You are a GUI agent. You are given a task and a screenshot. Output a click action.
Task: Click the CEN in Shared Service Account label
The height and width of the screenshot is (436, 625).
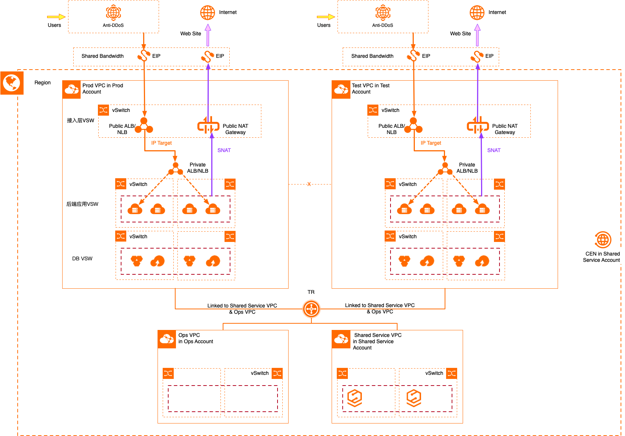(x=603, y=257)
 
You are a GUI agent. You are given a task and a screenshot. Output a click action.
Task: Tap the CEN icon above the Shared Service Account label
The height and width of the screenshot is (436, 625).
(x=603, y=240)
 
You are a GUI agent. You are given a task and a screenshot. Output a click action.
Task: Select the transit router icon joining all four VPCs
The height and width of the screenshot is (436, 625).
(x=311, y=309)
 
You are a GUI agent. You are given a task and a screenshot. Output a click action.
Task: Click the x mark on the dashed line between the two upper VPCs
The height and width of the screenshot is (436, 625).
(x=309, y=184)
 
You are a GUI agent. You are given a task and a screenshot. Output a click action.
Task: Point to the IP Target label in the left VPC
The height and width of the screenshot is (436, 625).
(x=162, y=143)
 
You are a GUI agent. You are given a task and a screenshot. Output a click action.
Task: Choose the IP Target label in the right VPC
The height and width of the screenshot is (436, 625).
(x=431, y=143)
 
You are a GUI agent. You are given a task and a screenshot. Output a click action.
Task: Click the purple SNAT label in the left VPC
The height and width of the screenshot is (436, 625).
(x=224, y=150)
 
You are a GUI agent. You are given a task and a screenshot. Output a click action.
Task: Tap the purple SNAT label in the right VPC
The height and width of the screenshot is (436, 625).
(x=494, y=150)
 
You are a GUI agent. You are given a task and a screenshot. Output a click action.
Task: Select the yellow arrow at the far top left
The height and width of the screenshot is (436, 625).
(x=56, y=17)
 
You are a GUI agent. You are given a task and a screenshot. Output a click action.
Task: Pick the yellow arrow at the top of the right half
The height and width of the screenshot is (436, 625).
(x=326, y=17)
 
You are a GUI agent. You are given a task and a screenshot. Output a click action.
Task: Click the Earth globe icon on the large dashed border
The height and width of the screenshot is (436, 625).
(x=12, y=83)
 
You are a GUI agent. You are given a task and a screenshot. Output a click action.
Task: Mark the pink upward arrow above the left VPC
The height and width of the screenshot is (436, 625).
(x=208, y=35)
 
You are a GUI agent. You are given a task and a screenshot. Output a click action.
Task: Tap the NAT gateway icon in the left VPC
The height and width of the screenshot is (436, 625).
(x=208, y=125)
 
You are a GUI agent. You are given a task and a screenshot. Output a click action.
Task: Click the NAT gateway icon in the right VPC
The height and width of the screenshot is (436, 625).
(x=478, y=125)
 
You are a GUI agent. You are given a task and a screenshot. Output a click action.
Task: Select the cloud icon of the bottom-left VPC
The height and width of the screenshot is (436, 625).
(x=167, y=339)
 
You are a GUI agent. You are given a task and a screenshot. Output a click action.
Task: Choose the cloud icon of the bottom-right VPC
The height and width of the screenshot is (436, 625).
(x=341, y=339)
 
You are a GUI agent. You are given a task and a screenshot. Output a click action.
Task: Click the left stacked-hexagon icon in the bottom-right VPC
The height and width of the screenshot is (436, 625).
(x=355, y=398)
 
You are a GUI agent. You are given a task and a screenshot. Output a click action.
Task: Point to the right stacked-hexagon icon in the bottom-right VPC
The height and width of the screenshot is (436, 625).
(x=414, y=398)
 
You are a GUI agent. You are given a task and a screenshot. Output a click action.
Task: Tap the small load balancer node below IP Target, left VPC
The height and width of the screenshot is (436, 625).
(x=176, y=169)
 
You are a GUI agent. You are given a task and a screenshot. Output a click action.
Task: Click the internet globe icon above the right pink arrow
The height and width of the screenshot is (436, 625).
(x=477, y=13)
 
